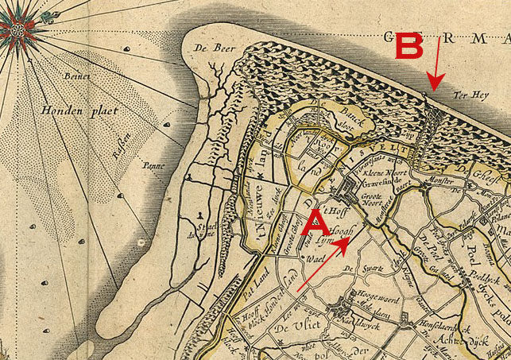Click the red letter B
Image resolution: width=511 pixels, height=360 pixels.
(409, 48)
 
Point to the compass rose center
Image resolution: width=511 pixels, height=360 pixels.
(17, 30)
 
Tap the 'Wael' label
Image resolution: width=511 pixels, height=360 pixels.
(312, 259)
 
